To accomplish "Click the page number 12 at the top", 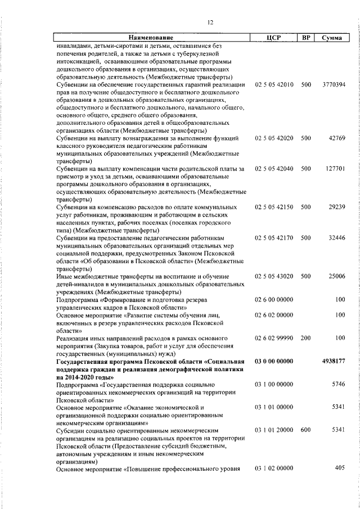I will click(210, 22).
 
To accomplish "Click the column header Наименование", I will click(153, 38).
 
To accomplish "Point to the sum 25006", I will click(337, 276).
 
